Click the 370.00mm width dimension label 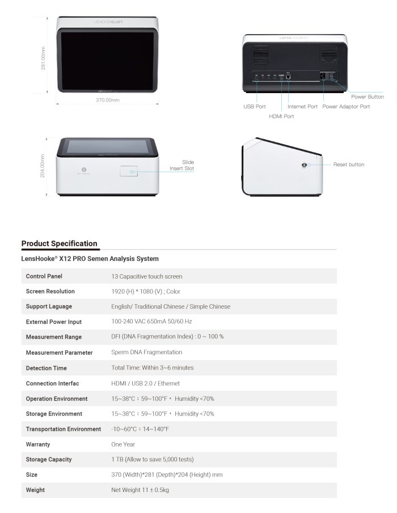107,100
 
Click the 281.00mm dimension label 44,58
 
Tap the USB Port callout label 255,106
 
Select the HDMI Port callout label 281,116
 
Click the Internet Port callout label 302,106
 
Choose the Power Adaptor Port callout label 346,106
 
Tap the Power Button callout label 368,97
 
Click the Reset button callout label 349,165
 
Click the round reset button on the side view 306,165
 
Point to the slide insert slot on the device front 130,171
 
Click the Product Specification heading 60,243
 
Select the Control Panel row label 44,276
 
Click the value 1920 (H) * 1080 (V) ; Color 145,292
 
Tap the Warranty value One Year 123,444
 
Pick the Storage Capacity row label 49,460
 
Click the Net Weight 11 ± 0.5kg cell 140,490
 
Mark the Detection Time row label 47,368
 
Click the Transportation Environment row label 64,429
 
